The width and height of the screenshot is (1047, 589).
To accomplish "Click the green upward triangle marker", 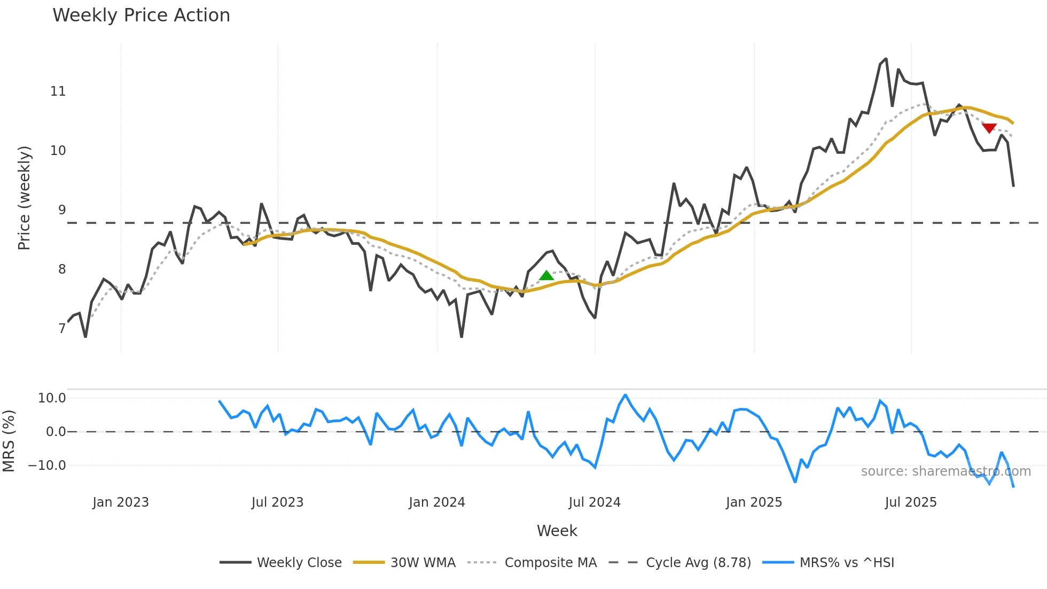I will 546,276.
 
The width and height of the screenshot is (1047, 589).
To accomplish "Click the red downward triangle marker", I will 989,128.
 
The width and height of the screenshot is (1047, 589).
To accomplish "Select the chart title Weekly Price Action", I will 141,15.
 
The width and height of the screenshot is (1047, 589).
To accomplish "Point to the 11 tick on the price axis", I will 58,91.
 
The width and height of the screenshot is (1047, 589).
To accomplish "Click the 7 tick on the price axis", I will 62,328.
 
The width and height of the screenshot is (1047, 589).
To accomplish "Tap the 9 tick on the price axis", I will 62,210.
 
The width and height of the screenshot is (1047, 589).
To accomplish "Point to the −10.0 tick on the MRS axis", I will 47,466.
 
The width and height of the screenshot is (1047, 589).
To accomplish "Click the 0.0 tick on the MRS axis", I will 56,432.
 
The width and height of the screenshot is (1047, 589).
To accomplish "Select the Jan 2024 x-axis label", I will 437,502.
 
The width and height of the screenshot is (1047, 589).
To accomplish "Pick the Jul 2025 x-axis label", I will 911,502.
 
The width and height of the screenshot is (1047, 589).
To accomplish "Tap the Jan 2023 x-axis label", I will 121,502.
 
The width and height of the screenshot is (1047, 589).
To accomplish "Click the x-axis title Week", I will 557,531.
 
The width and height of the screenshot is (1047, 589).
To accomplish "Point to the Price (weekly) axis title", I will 25,198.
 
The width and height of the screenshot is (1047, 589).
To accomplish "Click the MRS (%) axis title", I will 9,441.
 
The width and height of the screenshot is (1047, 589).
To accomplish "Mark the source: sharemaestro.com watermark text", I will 946,471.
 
